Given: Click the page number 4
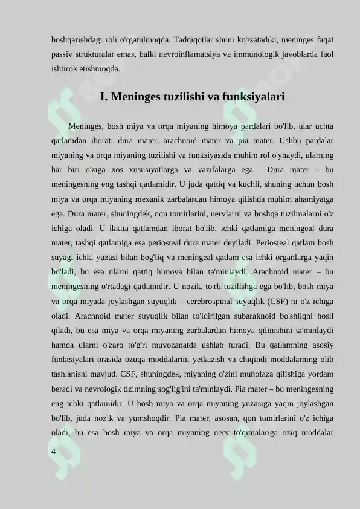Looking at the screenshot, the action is (54, 451).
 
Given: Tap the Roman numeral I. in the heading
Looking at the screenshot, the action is (104, 97).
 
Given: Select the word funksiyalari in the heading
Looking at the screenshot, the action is (254, 97).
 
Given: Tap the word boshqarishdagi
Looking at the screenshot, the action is (76, 41).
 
